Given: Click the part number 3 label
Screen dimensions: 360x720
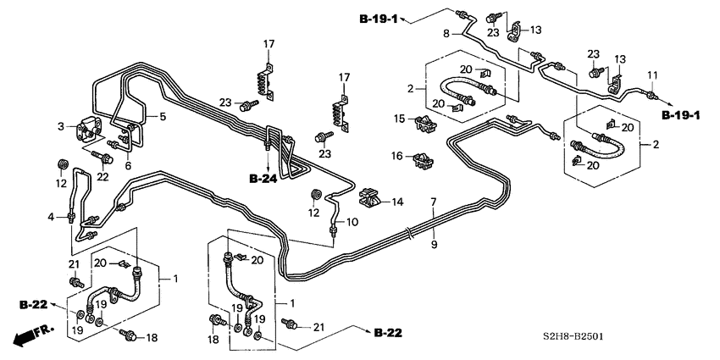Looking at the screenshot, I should coord(61,126).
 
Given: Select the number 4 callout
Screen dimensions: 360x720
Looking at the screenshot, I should coord(52,217).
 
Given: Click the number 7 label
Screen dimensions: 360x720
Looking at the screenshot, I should coord(433,202).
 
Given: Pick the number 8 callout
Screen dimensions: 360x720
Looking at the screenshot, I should coord(447,34).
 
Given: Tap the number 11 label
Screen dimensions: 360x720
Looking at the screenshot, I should coord(652,77).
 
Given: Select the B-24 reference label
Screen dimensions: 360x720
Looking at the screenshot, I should coord(264,179).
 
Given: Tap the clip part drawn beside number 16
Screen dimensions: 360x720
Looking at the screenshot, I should coord(424,158).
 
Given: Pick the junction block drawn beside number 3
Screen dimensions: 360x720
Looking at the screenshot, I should coord(87,130).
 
